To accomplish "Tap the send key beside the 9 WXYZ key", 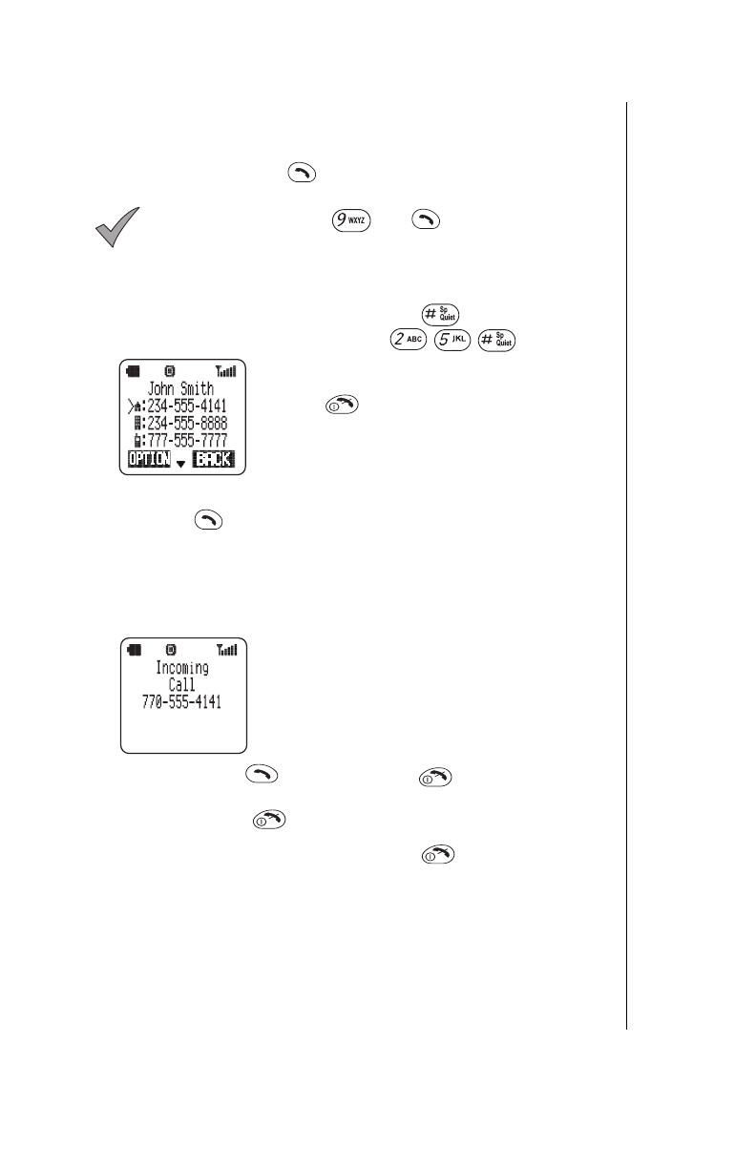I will (x=426, y=219).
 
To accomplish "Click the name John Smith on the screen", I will (x=181, y=388).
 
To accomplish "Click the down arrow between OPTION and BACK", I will (x=181, y=464).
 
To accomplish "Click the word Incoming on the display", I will (x=182, y=668).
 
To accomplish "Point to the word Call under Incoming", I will (x=182, y=685).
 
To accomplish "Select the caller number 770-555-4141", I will (x=182, y=703).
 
